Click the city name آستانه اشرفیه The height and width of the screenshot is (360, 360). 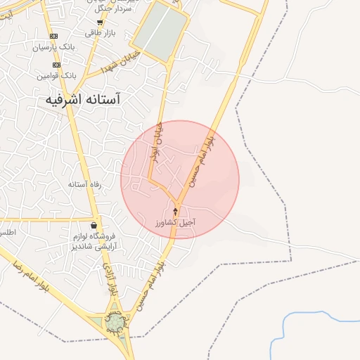[83, 100]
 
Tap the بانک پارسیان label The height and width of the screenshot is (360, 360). [53, 48]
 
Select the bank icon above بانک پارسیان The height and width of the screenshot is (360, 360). [55, 36]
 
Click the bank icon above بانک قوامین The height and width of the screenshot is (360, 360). [56, 65]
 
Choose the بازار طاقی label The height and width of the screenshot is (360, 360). [100, 33]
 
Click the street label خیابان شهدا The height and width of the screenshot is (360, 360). [121, 63]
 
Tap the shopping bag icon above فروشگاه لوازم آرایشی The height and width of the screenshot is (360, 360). [94, 225]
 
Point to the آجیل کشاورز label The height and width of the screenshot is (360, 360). [176, 222]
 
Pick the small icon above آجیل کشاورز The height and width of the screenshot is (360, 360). [176, 212]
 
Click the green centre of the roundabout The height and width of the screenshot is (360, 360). [114, 323]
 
